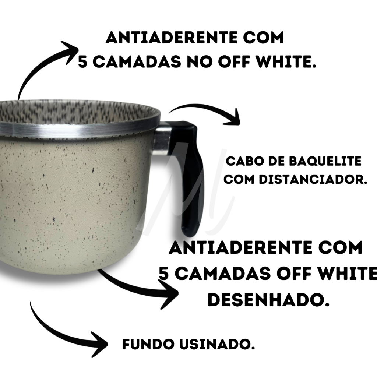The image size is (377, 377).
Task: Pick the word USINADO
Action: click(217, 344)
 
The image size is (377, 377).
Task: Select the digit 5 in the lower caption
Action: click(163, 274)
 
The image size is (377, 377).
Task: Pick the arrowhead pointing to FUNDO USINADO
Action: click(99, 344)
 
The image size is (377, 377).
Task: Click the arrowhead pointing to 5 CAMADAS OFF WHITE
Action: click(169, 294)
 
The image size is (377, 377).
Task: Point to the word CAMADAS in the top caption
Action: click(137, 61)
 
